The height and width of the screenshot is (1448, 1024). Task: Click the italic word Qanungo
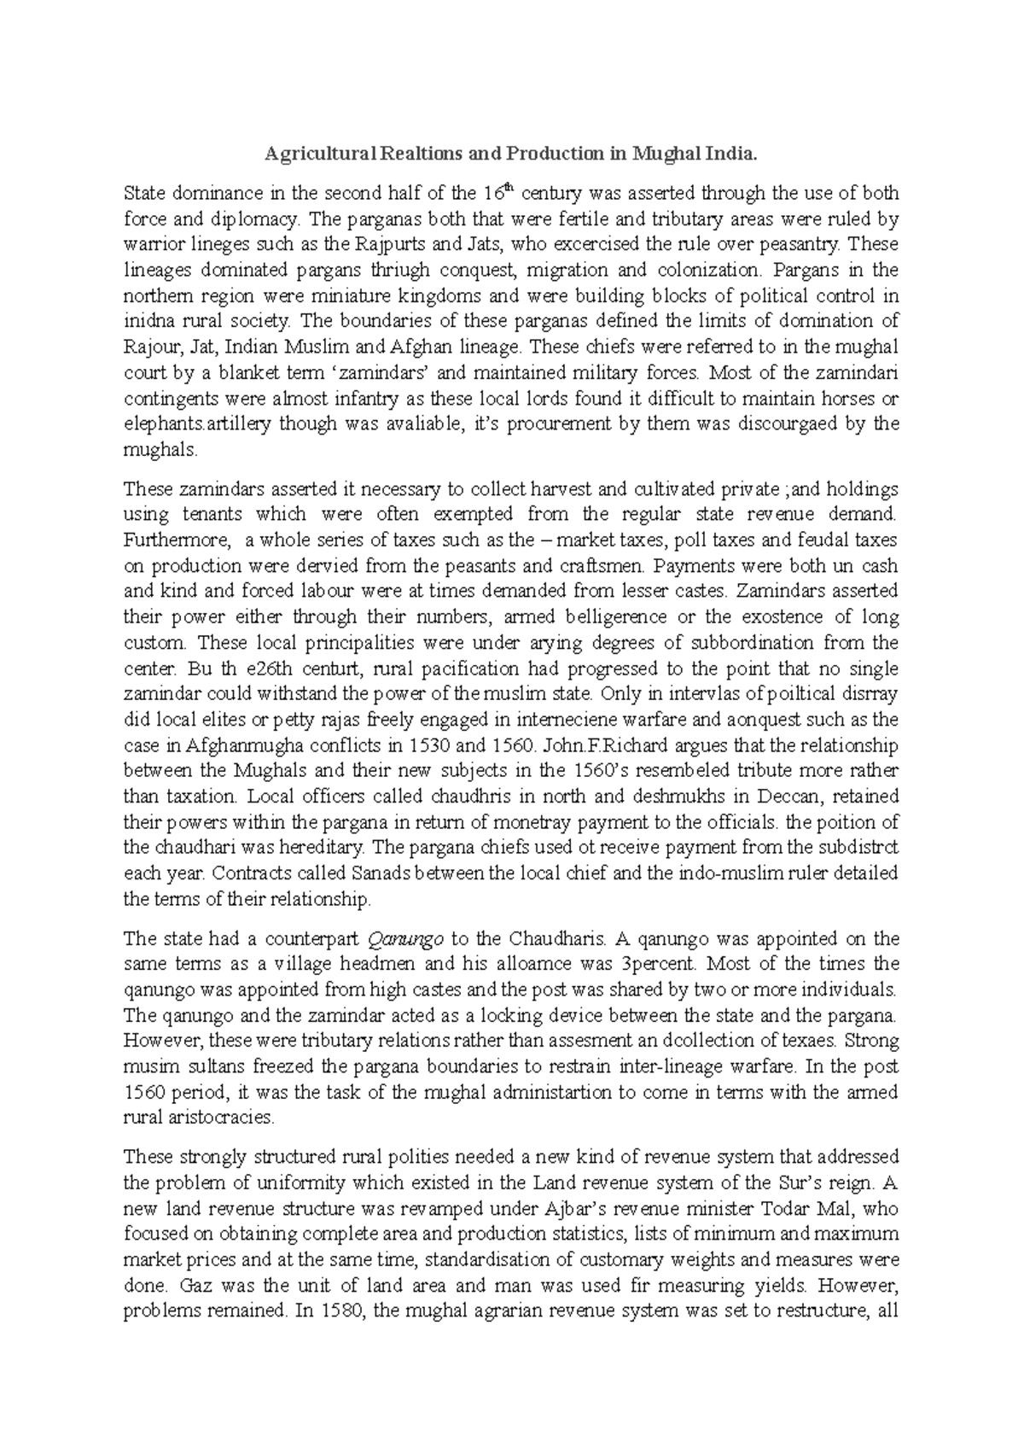404,939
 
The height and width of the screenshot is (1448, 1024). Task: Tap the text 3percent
659,965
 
